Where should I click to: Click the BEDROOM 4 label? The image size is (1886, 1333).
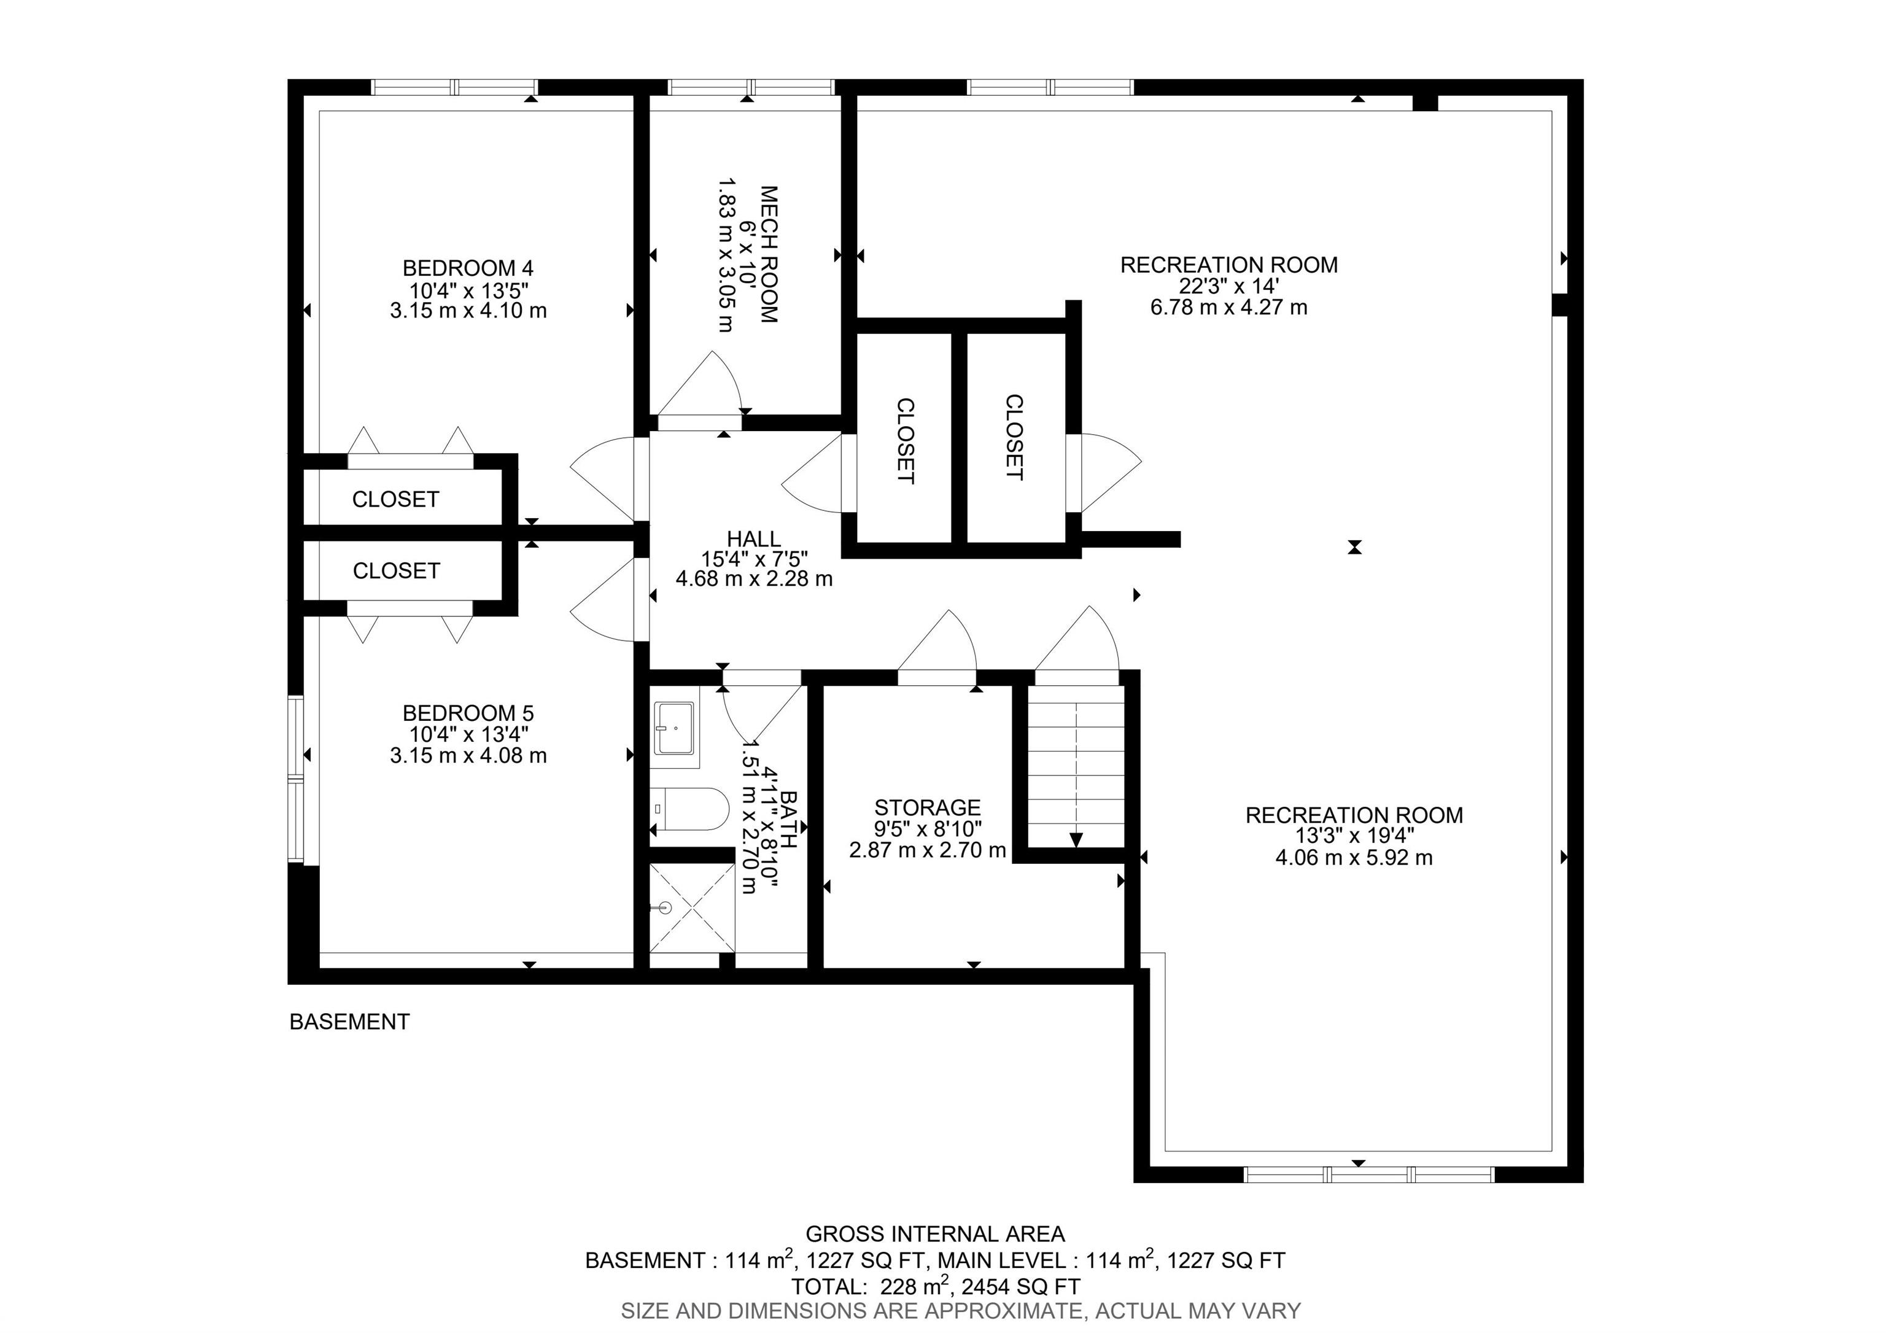coord(468,268)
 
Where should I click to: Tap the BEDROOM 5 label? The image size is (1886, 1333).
coord(468,713)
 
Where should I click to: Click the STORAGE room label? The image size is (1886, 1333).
coord(928,808)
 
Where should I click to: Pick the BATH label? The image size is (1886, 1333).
coord(788,819)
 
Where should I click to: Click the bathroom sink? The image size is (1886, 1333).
coord(675,728)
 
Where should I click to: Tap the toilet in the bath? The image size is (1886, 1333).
coord(690,809)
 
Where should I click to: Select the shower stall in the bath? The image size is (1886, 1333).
coord(693,907)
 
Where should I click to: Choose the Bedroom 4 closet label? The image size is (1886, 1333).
coord(395,499)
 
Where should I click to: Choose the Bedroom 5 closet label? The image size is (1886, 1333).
coord(396,571)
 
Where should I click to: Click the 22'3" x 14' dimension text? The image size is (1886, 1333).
coord(1229,286)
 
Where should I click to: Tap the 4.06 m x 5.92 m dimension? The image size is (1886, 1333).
coord(1354,858)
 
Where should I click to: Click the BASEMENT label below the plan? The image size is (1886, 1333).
coord(350,1022)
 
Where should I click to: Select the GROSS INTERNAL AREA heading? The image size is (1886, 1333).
coord(935,1234)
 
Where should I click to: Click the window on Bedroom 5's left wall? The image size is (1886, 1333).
coord(296,778)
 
